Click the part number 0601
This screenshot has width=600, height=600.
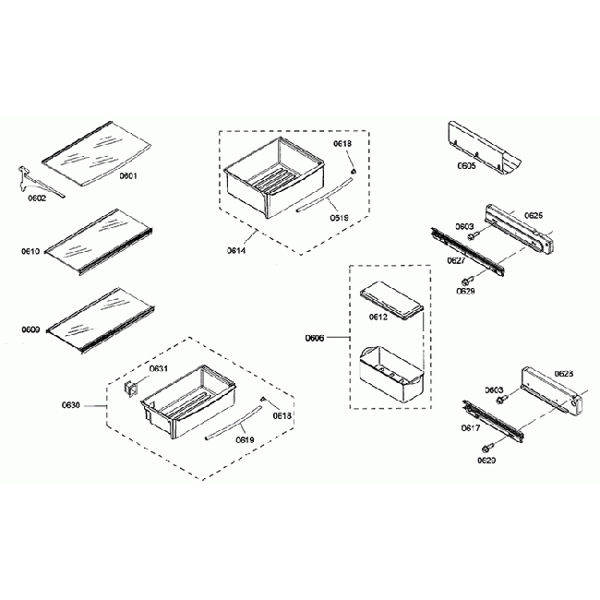click(127, 175)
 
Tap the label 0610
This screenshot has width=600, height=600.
click(30, 250)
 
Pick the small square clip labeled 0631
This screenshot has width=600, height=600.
click(131, 389)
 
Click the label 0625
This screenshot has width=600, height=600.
click(534, 215)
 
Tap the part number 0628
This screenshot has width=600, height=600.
click(564, 374)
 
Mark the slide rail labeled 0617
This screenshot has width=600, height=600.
click(497, 418)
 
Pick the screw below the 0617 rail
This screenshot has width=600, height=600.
click(486, 448)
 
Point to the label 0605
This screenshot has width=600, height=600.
click(466, 167)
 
